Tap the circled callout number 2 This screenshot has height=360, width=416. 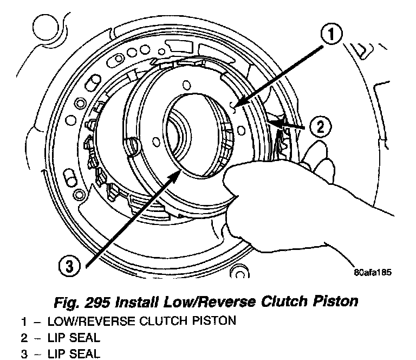click(x=320, y=128)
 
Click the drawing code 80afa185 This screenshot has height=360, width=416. click(x=373, y=272)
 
